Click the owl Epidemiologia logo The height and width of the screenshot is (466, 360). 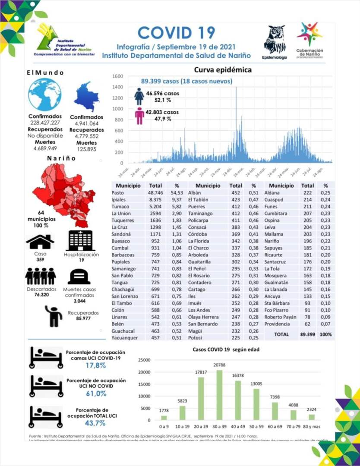click(x=274, y=40)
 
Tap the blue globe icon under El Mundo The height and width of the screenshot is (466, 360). click(x=44, y=95)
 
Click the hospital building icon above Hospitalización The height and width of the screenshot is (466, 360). click(x=81, y=240)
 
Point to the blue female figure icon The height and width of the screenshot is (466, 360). click(x=139, y=97)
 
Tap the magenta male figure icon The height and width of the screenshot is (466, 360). click(x=139, y=116)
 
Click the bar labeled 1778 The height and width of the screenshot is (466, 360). click(x=164, y=417)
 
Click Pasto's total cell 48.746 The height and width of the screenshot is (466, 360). click(x=155, y=192)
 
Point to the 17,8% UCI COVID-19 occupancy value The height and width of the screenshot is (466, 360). click(x=95, y=365)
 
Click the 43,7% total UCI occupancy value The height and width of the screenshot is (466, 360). click(x=95, y=423)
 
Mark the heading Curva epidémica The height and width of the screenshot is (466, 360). click(x=222, y=69)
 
